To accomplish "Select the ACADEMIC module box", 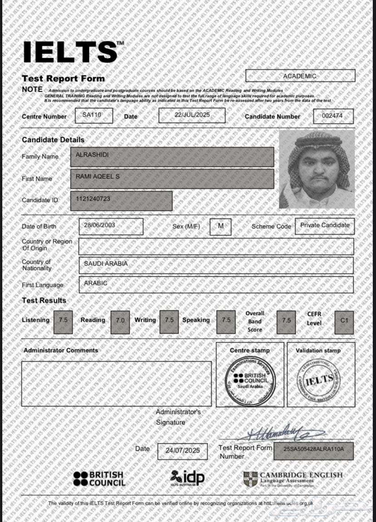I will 300,76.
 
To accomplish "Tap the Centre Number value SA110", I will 91,115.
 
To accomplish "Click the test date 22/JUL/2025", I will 192,115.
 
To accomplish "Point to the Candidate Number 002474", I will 333,116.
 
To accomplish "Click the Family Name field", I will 172,157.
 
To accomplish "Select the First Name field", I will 172,178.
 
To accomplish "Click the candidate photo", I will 317,169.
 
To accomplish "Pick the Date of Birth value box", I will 111,226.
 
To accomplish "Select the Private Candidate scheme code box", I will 324,226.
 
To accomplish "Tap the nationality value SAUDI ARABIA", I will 215,265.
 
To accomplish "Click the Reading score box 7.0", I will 120,321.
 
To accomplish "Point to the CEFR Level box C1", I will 344,321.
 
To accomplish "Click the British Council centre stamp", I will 250,379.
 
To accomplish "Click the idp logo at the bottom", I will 188,477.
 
